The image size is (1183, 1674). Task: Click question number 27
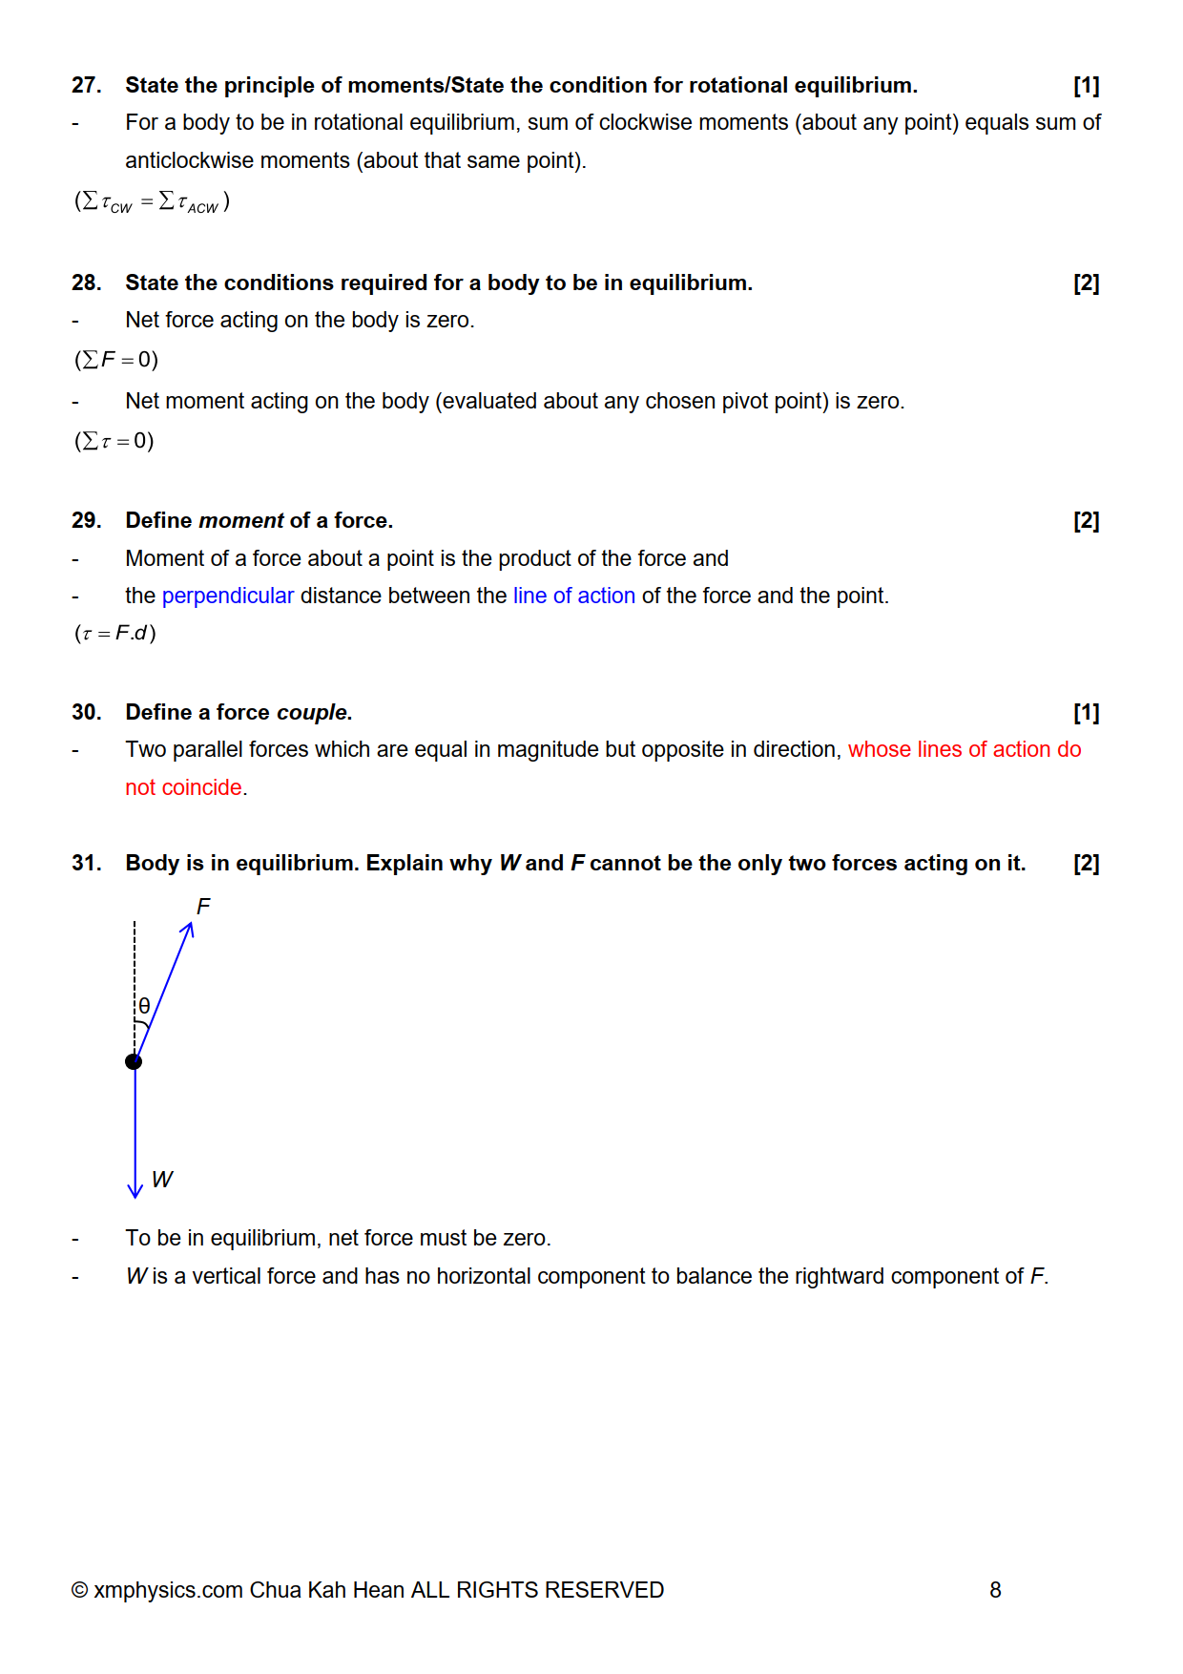pyautogui.click(x=86, y=86)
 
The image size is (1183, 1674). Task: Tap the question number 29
pyautogui.click(x=86, y=521)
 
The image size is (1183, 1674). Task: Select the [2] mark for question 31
pyautogui.click(x=1086, y=864)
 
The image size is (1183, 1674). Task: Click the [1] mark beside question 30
pyautogui.click(x=1086, y=713)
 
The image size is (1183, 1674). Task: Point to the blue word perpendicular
pyautogui.click(x=228, y=596)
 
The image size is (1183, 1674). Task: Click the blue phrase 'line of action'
pyautogui.click(x=573, y=596)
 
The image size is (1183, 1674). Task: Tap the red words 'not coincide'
pyautogui.click(x=183, y=788)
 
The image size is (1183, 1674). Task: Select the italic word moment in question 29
pyautogui.click(x=241, y=521)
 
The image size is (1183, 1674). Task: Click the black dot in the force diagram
pyautogui.click(x=134, y=1061)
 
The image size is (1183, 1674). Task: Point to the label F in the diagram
pyautogui.click(x=203, y=906)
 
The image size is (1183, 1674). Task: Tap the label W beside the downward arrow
pyautogui.click(x=162, y=1181)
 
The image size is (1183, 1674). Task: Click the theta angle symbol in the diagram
pyautogui.click(x=144, y=1006)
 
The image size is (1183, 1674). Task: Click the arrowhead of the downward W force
pyautogui.click(x=135, y=1190)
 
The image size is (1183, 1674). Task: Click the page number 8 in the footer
pyautogui.click(x=995, y=1590)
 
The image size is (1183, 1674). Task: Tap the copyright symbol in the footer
pyautogui.click(x=80, y=1590)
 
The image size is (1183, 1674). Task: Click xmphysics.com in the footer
pyautogui.click(x=169, y=1590)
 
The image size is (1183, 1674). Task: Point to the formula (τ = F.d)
pyautogui.click(x=115, y=634)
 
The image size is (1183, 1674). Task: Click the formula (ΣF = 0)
pyautogui.click(x=116, y=360)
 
